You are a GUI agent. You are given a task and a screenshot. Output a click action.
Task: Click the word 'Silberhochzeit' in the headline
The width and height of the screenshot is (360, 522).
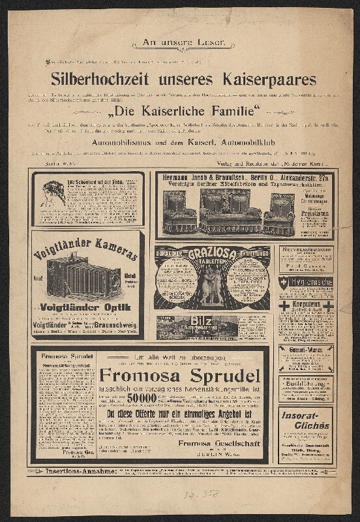coord(104,80)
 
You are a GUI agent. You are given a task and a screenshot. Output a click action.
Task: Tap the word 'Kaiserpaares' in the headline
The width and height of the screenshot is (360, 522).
coord(258,80)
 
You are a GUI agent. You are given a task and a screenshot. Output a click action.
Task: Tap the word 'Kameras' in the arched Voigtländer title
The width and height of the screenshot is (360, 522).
coord(110,251)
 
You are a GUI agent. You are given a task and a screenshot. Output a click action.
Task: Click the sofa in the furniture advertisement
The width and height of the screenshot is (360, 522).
coord(229,210)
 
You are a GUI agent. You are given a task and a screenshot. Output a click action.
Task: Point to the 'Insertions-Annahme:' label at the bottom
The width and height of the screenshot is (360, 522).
coord(70,470)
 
